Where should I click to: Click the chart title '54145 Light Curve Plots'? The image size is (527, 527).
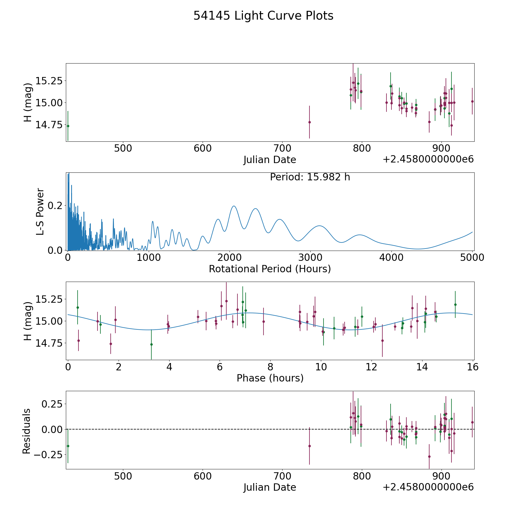pyautogui.click(x=263, y=16)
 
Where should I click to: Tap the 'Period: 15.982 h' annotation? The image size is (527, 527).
pyautogui.click(x=310, y=177)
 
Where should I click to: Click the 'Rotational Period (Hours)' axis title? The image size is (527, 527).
pyautogui.click(x=270, y=269)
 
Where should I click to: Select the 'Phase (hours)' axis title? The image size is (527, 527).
pyautogui.click(x=270, y=378)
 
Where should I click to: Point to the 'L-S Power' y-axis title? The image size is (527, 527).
pyautogui.click(x=40, y=211)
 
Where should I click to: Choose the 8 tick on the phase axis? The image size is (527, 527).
pyautogui.click(x=270, y=367)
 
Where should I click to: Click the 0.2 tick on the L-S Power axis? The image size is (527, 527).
pyautogui.click(x=55, y=206)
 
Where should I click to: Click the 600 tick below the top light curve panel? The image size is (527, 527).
pyautogui.click(x=203, y=148)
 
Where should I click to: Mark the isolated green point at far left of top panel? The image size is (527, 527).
pyautogui.click(x=68, y=126)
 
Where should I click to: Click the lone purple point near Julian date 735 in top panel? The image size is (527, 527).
pyautogui.click(x=309, y=122)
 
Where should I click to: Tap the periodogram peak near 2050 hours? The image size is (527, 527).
pyautogui.click(x=234, y=206)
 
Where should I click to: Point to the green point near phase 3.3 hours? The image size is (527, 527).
pyautogui.click(x=151, y=344)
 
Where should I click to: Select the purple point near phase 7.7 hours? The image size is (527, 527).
pyautogui.click(x=263, y=321)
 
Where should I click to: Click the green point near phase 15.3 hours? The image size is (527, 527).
pyautogui.click(x=455, y=304)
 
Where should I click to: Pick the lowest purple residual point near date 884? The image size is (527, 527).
pyautogui.click(x=429, y=456)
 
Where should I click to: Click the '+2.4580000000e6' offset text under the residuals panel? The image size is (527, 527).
pyautogui.click(x=428, y=487)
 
